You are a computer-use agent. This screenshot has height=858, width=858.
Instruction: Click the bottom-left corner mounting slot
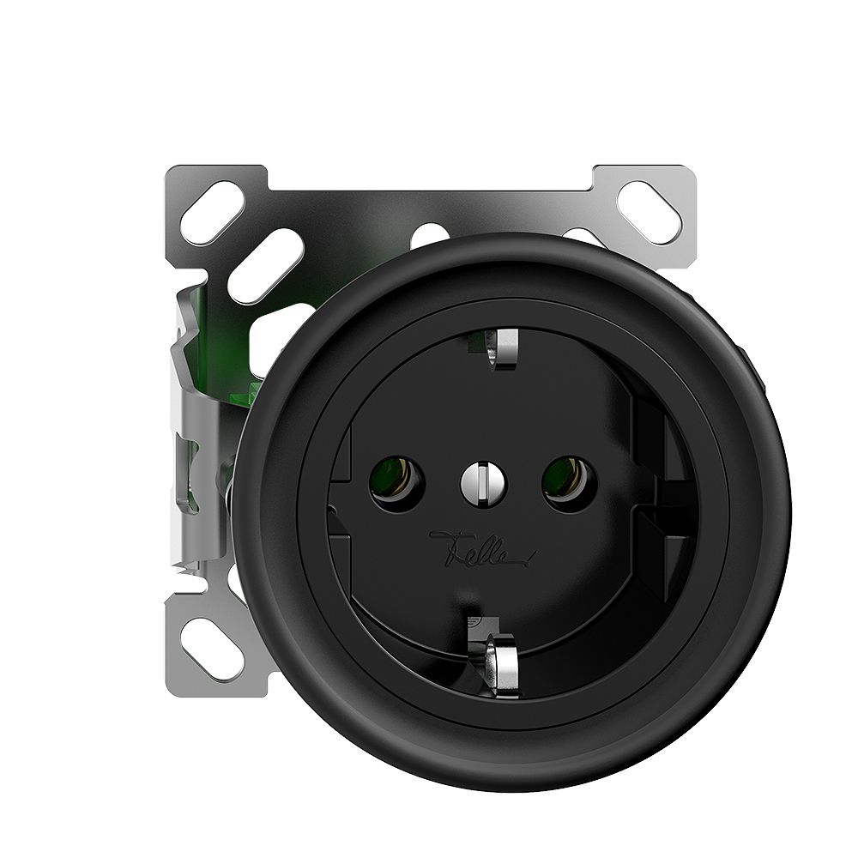pos(208,638)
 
